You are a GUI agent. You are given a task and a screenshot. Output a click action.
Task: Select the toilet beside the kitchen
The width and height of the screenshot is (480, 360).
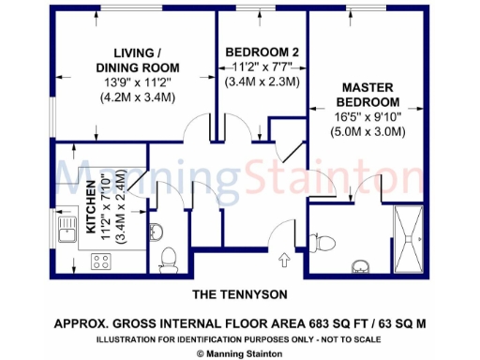[169, 257]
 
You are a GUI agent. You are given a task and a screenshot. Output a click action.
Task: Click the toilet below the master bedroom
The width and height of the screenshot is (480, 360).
[325, 242]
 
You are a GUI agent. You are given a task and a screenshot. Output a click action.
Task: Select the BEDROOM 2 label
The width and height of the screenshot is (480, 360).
[262, 51]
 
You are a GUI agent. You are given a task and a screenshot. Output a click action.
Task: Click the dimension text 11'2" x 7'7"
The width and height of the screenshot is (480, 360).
[262, 67]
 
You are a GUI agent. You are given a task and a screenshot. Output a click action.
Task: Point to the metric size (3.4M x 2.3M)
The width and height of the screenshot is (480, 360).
[262, 82]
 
